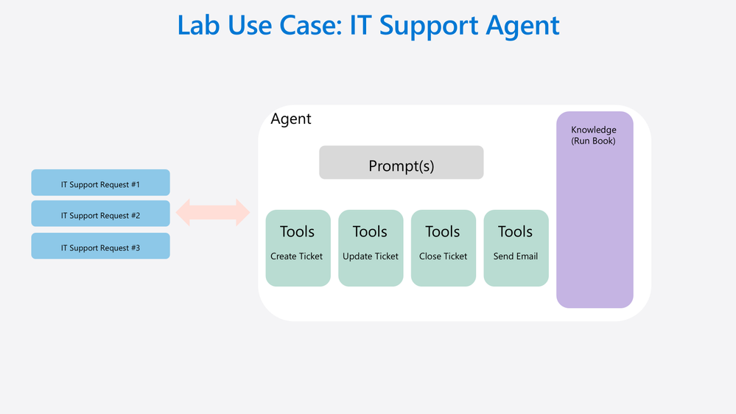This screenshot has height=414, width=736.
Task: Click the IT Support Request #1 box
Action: (x=100, y=183)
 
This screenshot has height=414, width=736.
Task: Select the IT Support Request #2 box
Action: (x=100, y=214)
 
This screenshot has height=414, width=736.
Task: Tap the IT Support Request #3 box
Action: (x=100, y=246)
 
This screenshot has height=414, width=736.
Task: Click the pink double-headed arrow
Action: (x=213, y=213)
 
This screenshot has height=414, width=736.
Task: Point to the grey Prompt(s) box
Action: (x=402, y=162)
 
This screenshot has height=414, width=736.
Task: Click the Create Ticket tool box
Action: (x=298, y=248)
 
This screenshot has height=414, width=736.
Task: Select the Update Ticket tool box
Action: (x=371, y=248)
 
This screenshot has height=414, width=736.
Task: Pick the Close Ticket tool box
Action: (x=444, y=248)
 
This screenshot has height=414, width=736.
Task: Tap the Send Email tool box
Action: (x=516, y=248)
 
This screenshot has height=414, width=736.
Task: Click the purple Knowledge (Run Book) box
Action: (x=595, y=210)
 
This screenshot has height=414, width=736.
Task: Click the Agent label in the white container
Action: (x=291, y=119)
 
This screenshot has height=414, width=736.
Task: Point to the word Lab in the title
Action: (x=199, y=25)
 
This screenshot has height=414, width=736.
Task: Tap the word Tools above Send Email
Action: (x=516, y=232)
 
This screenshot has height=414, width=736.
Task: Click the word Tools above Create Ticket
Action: (x=297, y=232)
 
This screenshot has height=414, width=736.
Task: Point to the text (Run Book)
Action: (x=593, y=141)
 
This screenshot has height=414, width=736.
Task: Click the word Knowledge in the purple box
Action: (x=594, y=130)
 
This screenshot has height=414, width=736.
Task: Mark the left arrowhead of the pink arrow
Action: (x=183, y=213)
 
